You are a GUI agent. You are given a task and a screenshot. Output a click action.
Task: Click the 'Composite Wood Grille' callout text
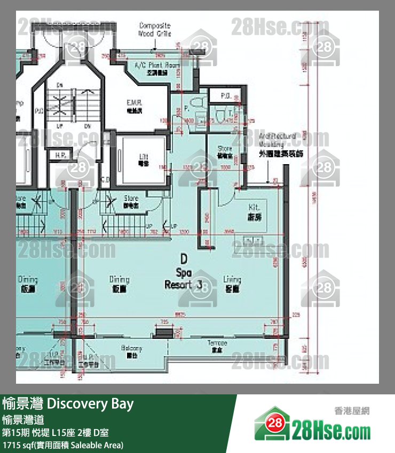(x=154, y=29)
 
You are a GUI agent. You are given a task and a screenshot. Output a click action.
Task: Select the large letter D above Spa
(x=183, y=259)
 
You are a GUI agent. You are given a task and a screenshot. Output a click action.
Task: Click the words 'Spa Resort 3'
(x=183, y=279)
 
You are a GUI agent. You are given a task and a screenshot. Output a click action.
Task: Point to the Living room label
(x=232, y=284)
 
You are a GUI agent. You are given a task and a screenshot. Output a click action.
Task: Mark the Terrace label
(x=217, y=346)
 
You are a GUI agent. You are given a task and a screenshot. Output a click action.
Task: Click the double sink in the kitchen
(x=253, y=240)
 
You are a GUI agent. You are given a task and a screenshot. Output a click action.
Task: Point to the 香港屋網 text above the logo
(x=352, y=410)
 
